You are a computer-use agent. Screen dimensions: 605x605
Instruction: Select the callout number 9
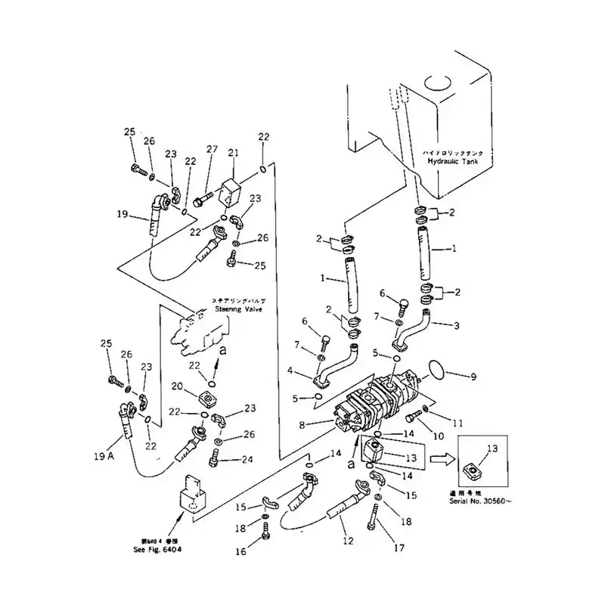pos(473,375)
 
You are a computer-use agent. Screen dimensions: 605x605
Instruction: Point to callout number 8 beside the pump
pos(302,426)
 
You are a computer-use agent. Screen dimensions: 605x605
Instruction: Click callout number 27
pos(212,149)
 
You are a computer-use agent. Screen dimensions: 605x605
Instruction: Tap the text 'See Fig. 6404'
pos(155,549)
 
